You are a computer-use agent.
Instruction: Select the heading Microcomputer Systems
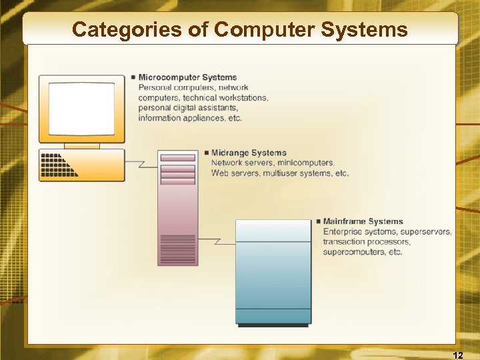coord(187,77)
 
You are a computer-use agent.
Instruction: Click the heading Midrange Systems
coord(248,153)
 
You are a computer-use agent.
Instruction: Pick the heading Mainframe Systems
coord(363,221)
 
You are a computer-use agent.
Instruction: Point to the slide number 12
coord(457,353)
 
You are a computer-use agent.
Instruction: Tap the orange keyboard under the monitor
coord(81,165)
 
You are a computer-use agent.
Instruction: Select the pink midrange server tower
coord(177,207)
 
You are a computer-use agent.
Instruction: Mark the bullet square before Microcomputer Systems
coord(133,77)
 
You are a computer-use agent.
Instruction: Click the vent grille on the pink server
coord(177,249)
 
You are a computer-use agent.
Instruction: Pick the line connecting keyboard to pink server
coord(141,162)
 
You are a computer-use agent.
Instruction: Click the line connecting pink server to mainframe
coord(216,240)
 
